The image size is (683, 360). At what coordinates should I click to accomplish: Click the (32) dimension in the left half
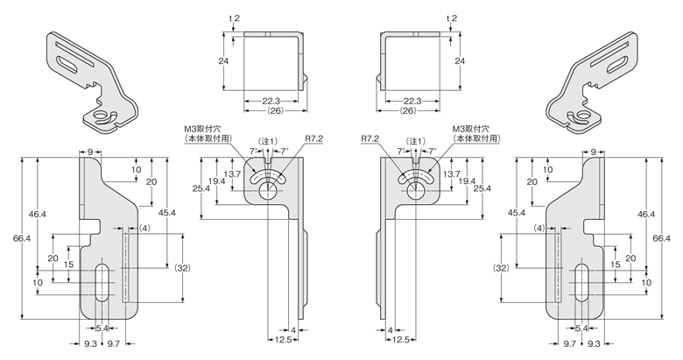pyautogui.click(x=181, y=267)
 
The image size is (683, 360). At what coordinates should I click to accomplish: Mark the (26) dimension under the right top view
pyautogui.click(x=408, y=111)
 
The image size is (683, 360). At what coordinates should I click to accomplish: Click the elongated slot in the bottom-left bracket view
pyautogui.click(x=103, y=282)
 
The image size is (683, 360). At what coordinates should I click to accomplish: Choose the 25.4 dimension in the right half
pyautogui.click(x=481, y=187)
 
